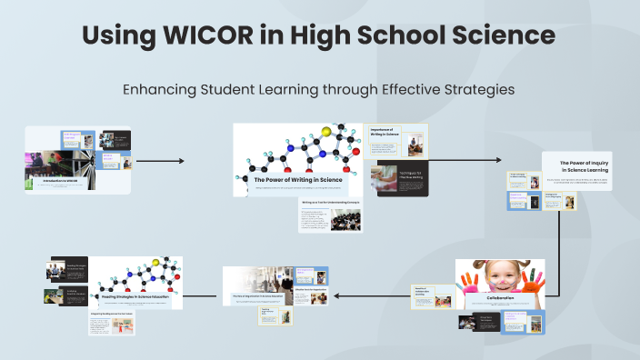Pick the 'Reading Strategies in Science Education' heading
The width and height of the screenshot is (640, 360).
(135, 296)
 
